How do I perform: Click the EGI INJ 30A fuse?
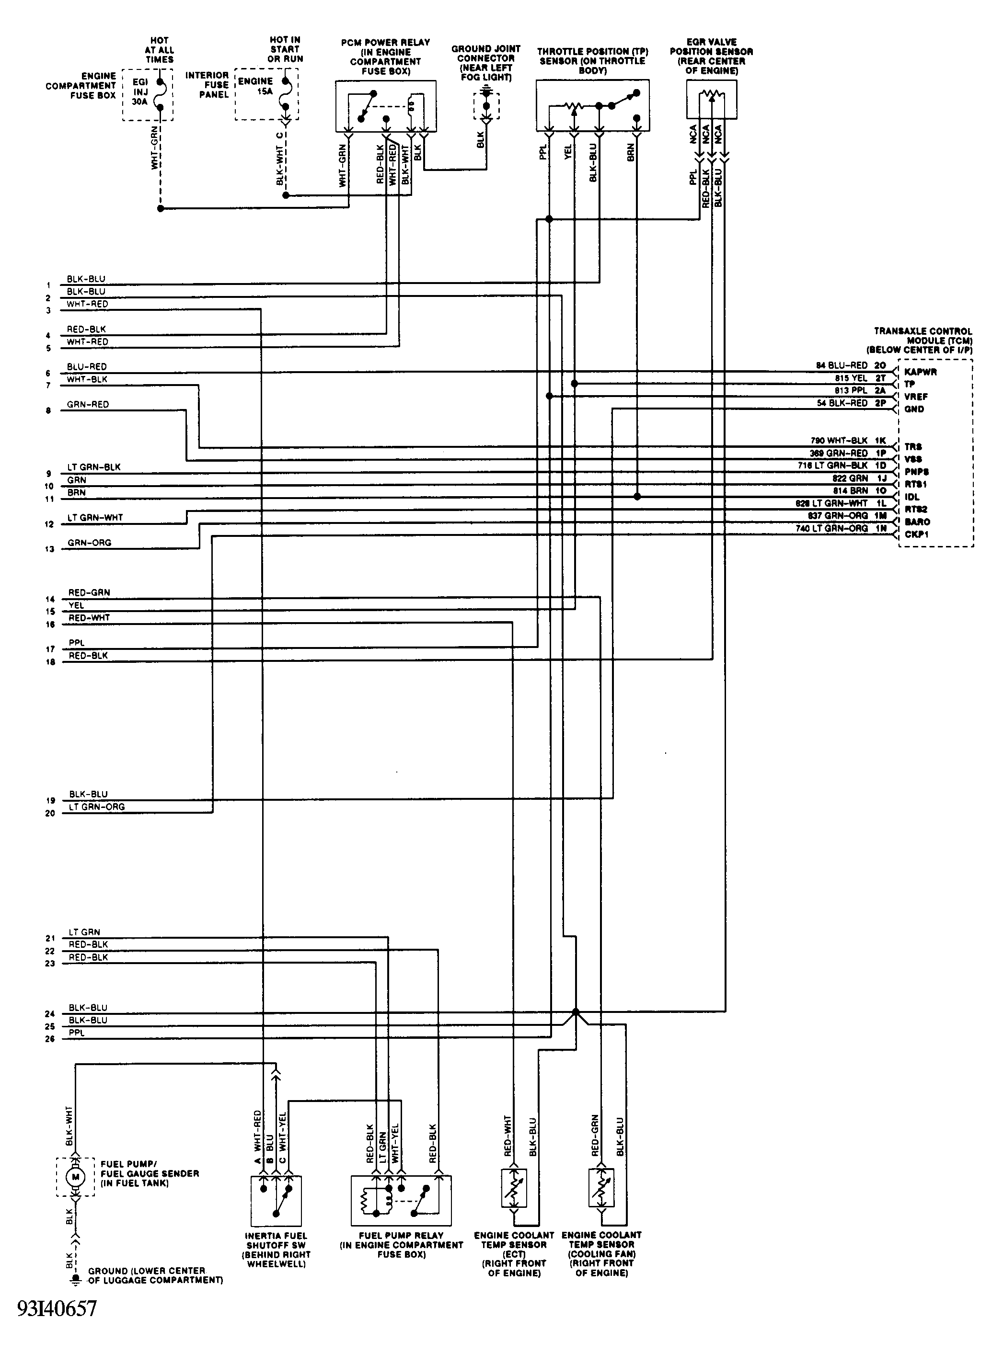click(148, 95)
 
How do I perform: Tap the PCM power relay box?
click(385, 106)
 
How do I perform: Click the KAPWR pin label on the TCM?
click(920, 372)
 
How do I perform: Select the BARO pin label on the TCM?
click(917, 522)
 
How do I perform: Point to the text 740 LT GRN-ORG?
click(831, 529)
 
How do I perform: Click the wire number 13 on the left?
click(49, 549)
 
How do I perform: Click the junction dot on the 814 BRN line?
click(637, 497)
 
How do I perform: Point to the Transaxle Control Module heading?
click(923, 340)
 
